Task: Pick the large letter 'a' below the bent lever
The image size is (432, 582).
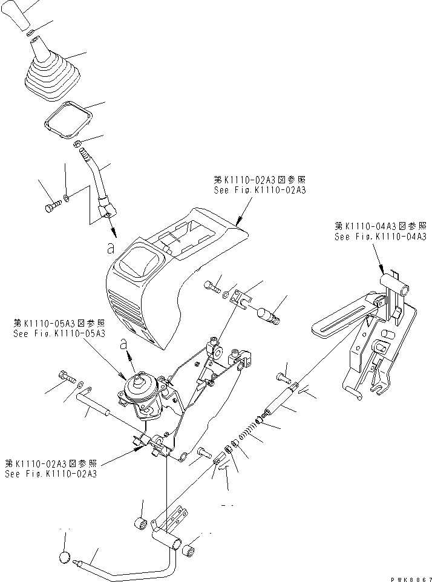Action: click(109, 247)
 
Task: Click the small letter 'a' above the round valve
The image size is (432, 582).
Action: click(125, 345)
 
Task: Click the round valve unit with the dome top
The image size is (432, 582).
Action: click(143, 393)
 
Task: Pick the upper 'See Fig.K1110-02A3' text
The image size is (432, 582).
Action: click(260, 189)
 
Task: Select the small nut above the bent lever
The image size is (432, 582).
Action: click(77, 144)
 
